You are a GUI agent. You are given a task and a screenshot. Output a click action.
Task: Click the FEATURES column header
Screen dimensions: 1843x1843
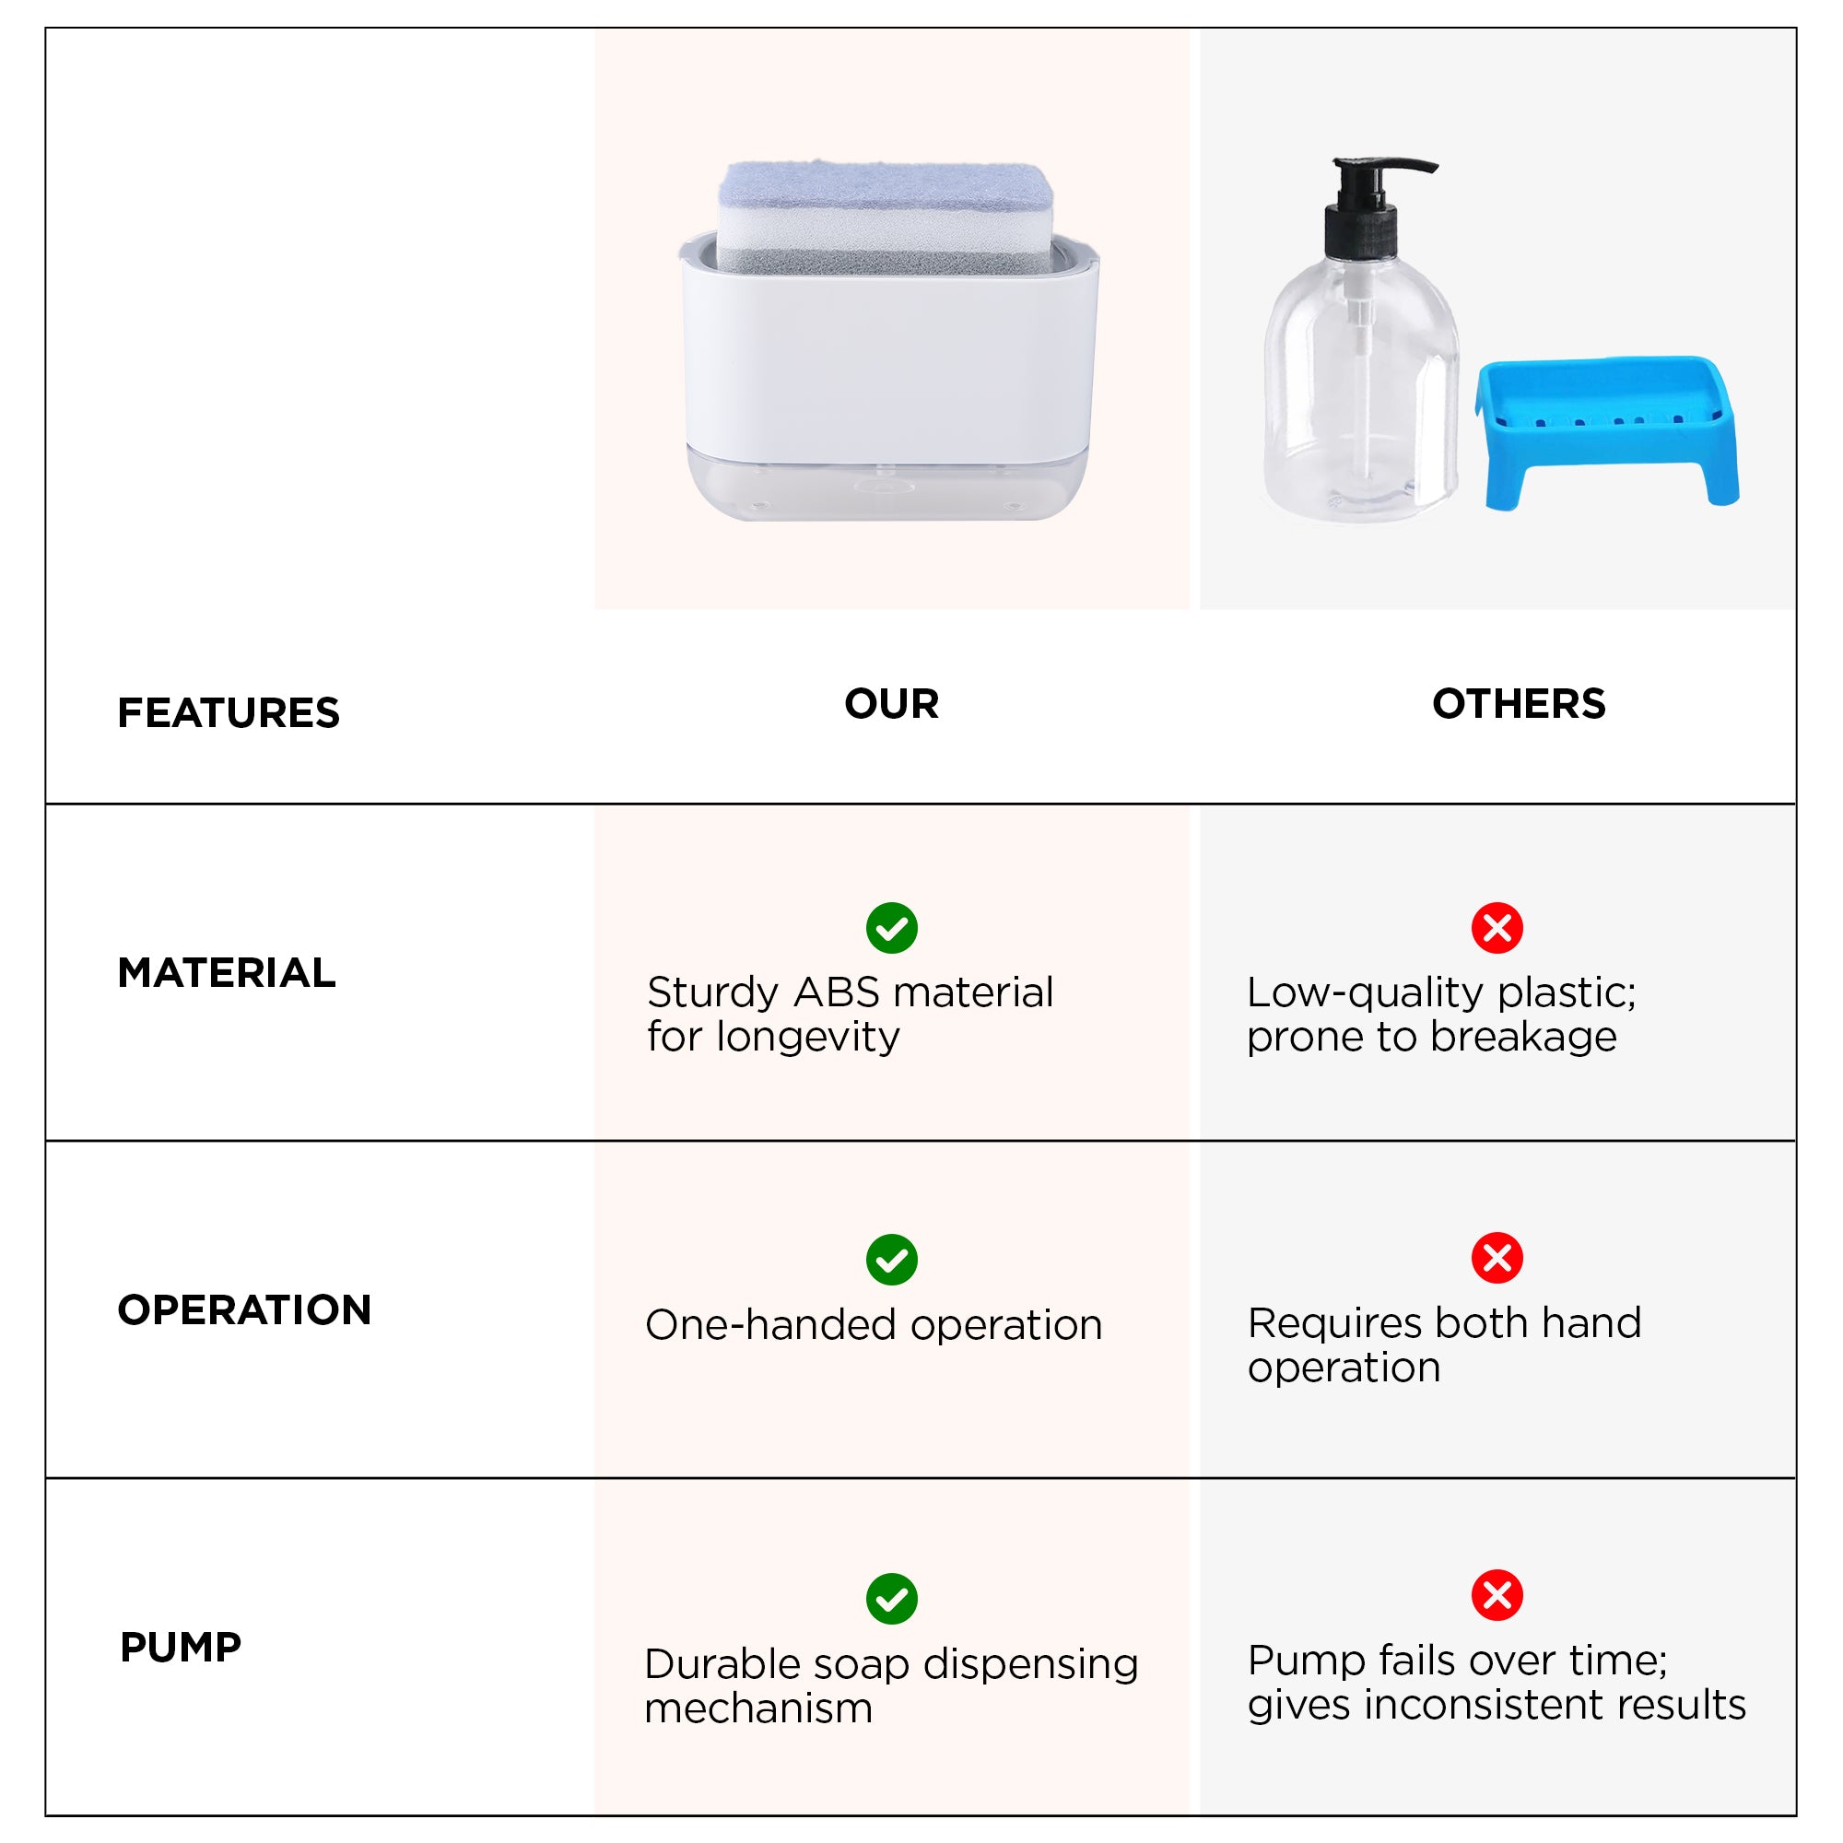[x=228, y=712]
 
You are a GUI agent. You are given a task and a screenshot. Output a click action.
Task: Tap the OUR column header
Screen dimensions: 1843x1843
[x=891, y=704]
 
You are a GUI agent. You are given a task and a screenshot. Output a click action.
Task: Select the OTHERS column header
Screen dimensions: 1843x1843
[x=1519, y=704]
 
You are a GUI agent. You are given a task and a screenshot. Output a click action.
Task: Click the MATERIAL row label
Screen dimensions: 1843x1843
[x=226, y=973]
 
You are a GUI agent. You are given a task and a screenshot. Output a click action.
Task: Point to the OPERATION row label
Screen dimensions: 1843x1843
[x=244, y=1309]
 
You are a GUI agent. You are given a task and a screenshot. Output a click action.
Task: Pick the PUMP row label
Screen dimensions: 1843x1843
[x=181, y=1648]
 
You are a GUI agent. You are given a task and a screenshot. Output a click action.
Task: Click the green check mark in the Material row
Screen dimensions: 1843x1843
[x=892, y=928]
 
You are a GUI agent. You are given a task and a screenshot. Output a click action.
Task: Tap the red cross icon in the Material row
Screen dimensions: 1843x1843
[x=1497, y=928]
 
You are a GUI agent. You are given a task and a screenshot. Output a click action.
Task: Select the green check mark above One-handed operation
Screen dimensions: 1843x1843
[x=892, y=1260]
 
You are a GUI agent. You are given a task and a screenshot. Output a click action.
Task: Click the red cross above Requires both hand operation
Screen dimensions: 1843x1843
[x=1497, y=1258]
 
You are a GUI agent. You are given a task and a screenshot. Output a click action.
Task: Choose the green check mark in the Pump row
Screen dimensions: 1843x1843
[x=892, y=1599]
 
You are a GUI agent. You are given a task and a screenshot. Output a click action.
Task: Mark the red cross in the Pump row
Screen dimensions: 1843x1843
[x=1497, y=1595]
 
